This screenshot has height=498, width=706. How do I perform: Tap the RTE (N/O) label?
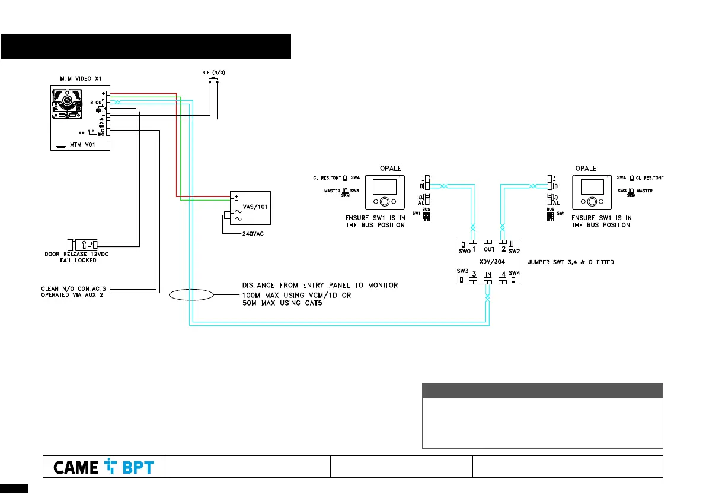tap(213, 72)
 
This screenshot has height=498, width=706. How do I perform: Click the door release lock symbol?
tap(83, 243)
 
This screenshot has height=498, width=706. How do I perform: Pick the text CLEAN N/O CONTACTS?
tap(74, 289)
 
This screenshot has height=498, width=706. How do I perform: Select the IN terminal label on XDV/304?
tap(487, 275)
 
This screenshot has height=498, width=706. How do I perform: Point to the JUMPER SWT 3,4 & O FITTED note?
tap(570, 261)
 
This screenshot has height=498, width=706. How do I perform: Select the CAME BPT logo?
tap(103, 467)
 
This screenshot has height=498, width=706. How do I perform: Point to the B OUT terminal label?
tap(97, 103)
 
